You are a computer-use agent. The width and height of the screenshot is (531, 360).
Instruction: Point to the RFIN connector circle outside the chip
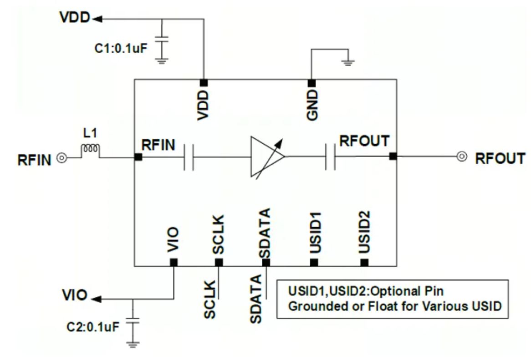(x=61, y=158)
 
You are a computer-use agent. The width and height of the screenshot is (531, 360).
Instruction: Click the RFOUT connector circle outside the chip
(x=462, y=157)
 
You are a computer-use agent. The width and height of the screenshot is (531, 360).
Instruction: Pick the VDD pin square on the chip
(x=204, y=82)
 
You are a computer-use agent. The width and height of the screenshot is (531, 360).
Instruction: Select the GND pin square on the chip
(x=311, y=82)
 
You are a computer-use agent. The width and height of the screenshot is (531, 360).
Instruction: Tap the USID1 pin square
(x=314, y=262)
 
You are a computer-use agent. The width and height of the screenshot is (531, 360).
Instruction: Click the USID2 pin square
(x=364, y=262)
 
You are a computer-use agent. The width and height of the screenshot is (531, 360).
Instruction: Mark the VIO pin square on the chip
(x=174, y=262)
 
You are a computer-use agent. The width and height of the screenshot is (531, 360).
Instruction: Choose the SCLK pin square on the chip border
(x=219, y=262)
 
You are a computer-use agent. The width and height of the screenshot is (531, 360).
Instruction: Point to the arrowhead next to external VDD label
(x=97, y=19)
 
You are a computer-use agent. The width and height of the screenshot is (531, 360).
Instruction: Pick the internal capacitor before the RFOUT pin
(x=331, y=157)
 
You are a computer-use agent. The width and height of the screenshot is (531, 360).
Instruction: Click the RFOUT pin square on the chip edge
(x=393, y=157)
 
